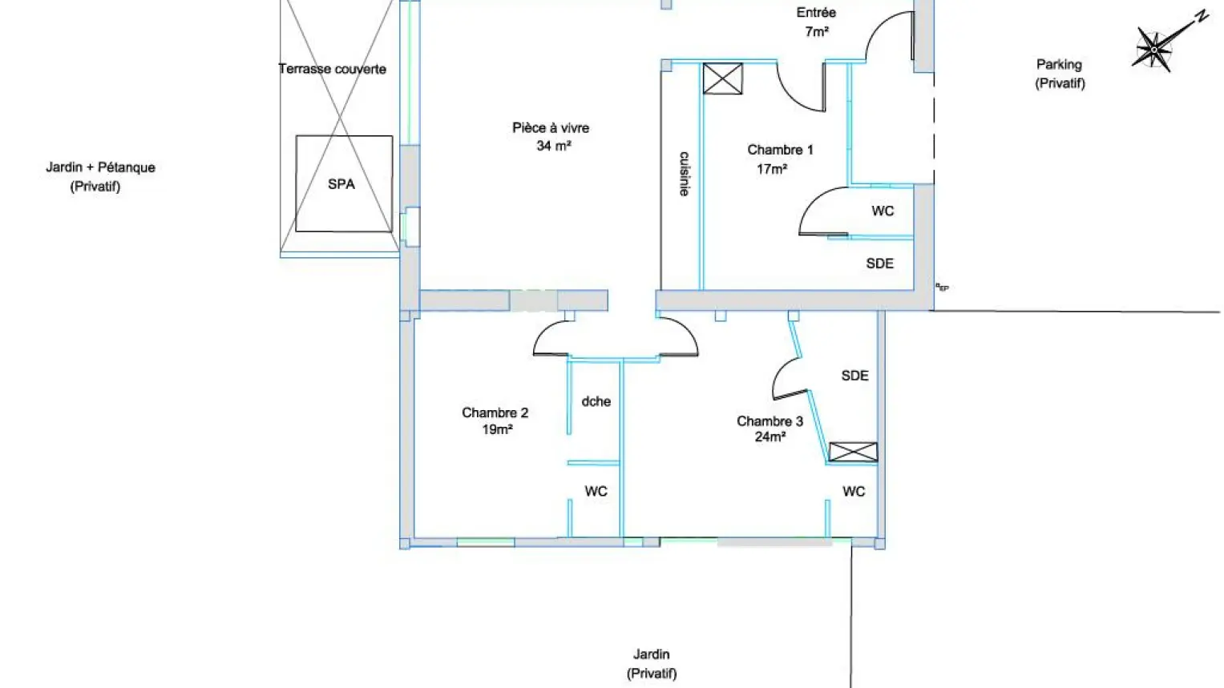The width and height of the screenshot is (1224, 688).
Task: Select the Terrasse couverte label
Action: click(332, 70)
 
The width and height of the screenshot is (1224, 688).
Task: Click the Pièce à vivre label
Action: click(551, 128)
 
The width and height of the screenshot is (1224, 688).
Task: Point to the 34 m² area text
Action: click(554, 146)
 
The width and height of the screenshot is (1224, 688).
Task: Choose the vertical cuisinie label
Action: click(684, 174)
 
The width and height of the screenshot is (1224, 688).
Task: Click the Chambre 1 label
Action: click(780, 150)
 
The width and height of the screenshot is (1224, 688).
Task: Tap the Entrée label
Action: click(816, 13)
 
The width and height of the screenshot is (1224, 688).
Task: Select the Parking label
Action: click(1059, 64)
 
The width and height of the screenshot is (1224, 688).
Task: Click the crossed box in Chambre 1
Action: click(722, 78)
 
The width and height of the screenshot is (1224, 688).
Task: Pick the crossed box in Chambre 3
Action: click(853, 452)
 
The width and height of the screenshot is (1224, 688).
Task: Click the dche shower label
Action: click(596, 401)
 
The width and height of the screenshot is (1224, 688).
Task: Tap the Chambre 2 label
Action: click(495, 412)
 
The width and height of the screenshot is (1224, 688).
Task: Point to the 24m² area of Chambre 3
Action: click(770, 437)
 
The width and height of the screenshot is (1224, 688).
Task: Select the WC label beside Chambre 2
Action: click(596, 492)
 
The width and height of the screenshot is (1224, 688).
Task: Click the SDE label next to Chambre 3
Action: click(855, 376)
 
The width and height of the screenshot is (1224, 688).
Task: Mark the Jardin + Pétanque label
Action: click(100, 167)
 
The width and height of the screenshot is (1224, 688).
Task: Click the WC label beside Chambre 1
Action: click(883, 211)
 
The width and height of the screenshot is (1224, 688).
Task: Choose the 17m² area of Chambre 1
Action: click(772, 169)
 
